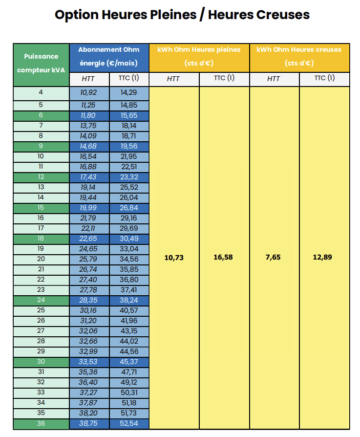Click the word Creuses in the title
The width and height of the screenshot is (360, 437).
tap(282, 15)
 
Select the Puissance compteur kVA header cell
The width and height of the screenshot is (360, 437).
tap(41, 64)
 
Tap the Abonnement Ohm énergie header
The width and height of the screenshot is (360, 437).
tap(109, 57)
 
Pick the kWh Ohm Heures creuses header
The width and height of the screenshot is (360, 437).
tap(299, 57)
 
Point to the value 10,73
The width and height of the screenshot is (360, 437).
tap(174, 257)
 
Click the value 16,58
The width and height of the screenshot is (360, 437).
tap(224, 257)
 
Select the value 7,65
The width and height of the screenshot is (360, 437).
tap(274, 257)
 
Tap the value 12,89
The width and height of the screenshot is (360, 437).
tap(322, 257)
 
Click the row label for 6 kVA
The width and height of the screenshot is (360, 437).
tap(41, 115)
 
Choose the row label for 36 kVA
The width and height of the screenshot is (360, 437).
tap(41, 423)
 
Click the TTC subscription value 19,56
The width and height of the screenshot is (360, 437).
tap(128, 146)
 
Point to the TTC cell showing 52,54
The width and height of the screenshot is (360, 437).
tap(128, 423)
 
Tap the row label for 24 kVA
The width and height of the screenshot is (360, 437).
tap(41, 300)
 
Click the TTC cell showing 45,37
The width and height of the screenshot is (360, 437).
tap(128, 362)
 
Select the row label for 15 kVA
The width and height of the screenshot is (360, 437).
tap(41, 208)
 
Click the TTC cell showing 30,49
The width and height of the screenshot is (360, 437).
tap(128, 239)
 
